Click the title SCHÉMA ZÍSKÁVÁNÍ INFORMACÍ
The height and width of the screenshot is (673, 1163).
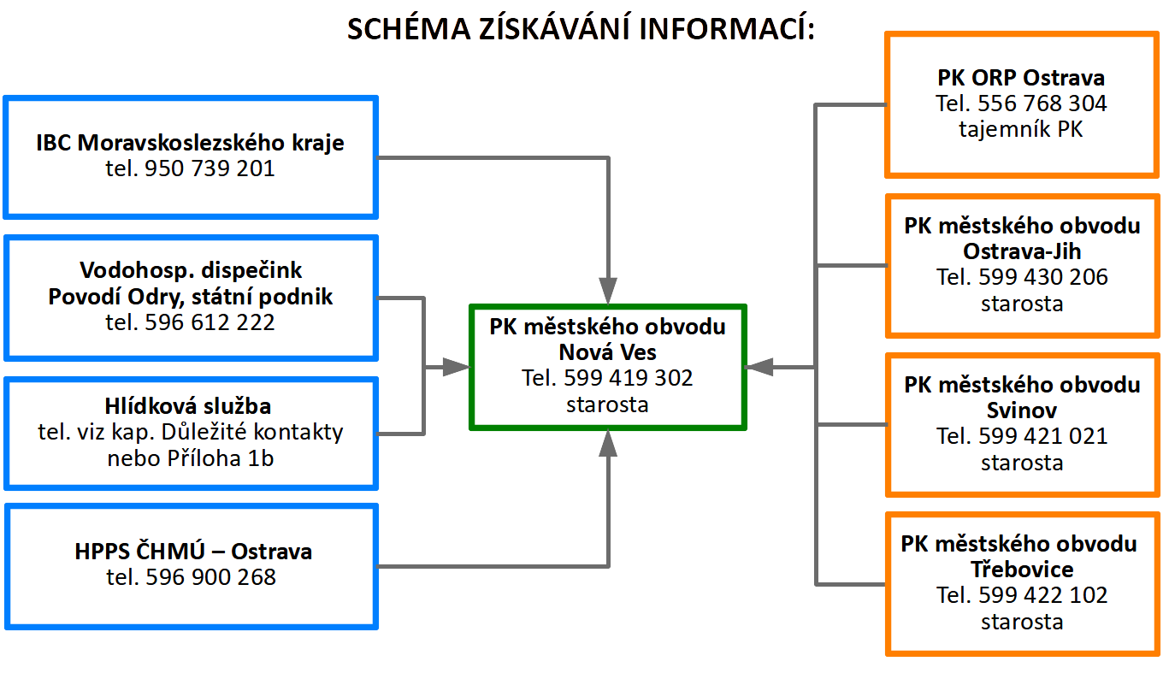pyautogui.click(x=581, y=30)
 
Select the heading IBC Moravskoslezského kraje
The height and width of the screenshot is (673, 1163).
pyautogui.click(x=190, y=143)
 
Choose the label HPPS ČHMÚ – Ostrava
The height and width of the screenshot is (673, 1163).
pyautogui.click(x=193, y=552)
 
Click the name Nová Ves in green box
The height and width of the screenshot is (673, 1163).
pyautogui.click(x=608, y=352)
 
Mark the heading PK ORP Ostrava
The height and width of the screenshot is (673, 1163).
pyautogui.click(x=1021, y=78)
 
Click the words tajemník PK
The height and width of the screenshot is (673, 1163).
pyautogui.click(x=1022, y=130)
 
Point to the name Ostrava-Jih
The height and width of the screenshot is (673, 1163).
pyautogui.click(x=1022, y=251)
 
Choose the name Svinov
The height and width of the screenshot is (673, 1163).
pyautogui.click(x=1022, y=410)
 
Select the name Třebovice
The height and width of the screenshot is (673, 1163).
pyautogui.click(x=1022, y=570)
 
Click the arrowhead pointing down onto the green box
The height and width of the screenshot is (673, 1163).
pyautogui.click(x=608, y=291)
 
